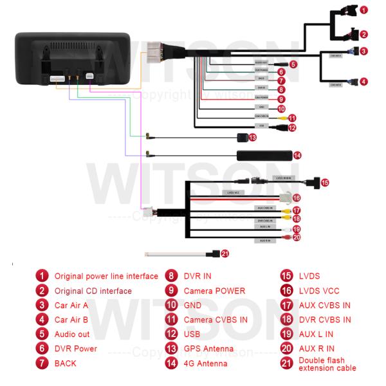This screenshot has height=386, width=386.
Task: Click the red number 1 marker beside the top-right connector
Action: (363, 10)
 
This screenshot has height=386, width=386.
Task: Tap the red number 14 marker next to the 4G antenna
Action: (297, 155)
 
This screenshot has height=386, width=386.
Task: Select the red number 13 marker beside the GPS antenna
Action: (253, 137)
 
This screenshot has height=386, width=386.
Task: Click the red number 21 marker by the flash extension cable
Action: (225, 253)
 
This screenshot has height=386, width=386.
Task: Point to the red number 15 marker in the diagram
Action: (325, 183)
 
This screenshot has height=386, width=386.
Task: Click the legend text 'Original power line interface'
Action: (106, 276)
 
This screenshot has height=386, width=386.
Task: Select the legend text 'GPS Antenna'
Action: (207, 349)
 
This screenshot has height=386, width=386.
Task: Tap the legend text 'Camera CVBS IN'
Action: (216, 320)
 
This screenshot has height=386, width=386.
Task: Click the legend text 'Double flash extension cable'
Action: (327, 364)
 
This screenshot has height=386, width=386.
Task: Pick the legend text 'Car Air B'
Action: (71, 320)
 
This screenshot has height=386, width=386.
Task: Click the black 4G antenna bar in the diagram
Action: (264, 155)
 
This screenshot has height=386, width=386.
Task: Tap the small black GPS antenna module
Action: (242, 137)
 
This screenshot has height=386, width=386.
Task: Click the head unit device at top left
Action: (74, 59)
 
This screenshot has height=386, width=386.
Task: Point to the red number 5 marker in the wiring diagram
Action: (293, 64)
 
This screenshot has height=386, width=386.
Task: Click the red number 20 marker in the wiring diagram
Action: (297, 237)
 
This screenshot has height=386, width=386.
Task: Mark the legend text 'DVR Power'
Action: (76, 349)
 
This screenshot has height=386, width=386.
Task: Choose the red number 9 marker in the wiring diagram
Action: (281, 100)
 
